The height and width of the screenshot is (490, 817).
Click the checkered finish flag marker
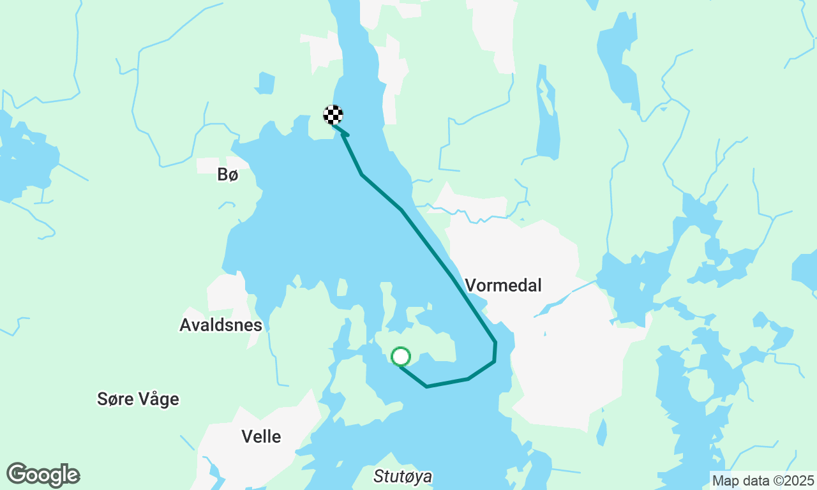[333, 115]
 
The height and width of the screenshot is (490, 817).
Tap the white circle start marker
[400, 357]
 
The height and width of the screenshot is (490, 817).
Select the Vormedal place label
[504, 285]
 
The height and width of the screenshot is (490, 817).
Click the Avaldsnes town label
[221, 325]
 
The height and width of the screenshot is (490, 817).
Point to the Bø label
[227, 174]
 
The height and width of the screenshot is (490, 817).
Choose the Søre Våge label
[138, 399]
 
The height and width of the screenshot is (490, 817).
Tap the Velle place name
[261, 436]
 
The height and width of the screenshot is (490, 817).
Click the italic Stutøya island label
[403, 477]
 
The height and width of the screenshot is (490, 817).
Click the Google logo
[43, 475]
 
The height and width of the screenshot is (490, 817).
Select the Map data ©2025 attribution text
[763, 480]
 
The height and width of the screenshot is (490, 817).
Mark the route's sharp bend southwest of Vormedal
[495, 343]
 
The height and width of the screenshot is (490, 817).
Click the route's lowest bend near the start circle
[426, 387]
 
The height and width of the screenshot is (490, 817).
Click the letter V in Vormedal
[471, 285]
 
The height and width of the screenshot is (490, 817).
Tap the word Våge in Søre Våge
[158, 399]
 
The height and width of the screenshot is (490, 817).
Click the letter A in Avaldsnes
[185, 325]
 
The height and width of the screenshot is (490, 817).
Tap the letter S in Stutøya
[378, 477]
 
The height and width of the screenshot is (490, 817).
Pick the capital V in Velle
[247, 436]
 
